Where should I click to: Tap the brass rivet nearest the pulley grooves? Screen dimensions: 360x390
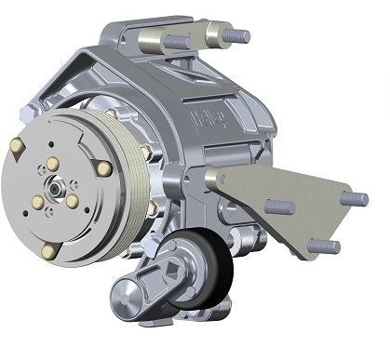(104, 168)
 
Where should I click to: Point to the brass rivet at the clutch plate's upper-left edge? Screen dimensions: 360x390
(17, 146)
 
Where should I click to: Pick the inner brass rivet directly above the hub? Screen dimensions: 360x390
(52, 165)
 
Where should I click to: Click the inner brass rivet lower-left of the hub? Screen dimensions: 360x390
(37, 204)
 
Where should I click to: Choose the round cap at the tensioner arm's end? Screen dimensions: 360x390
(128, 301)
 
